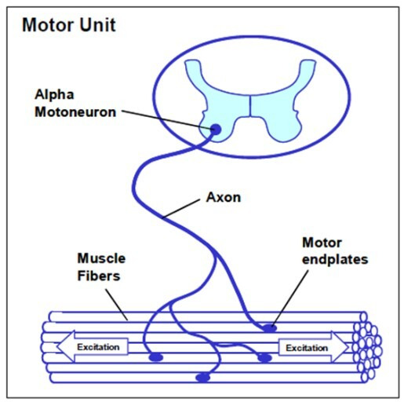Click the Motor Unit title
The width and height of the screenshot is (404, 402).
pyautogui.click(x=69, y=25)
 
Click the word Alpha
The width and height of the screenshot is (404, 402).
pyautogui.click(x=54, y=95)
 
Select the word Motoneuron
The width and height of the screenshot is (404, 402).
pyautogui.click(x=75, y=112)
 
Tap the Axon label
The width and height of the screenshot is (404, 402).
pyautogui.click(x=224, y=197)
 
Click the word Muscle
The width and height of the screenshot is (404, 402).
pyautogui.click(x=101, y=258)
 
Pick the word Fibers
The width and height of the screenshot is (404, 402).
pyautogui.click(x=99, y=276)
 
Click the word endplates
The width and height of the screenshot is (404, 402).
pyautogui.click(x=335, y=260)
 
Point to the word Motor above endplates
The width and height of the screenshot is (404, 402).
pyautogui.click(x=322, y=243)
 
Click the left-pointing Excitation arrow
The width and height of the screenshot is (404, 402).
pyautogui.click(x=93, y=347)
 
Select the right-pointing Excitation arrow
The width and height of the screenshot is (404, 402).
pyautogui.click(x=314, y=348)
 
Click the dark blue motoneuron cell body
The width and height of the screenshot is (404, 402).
pyautogui.click(x=216, y=130)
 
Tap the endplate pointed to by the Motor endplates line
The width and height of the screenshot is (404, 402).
pyautogui.click(x=269, y=328)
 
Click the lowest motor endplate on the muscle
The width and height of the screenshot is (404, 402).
pyautogui.click(x=203, y=378)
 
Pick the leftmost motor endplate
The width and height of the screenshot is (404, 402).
pyautogui.click(x=156, y=357)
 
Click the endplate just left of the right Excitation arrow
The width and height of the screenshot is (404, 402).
pyautogui.click(x=264, y=358)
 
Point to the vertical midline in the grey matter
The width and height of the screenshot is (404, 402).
pyautogui.click(x=250, y=106)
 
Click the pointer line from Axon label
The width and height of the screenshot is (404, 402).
pyautogui.click(x=181, y=209)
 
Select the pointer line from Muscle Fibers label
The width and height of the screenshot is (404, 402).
pyautogui.click(x=117, y=305)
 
